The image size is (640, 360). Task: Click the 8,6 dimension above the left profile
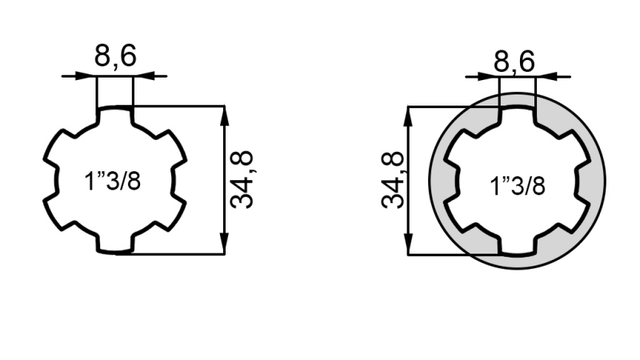[114, 56]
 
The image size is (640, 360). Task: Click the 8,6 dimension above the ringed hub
[513, 59]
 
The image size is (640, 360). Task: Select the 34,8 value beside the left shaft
[242, 179]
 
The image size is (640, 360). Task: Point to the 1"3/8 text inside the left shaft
[113, 181]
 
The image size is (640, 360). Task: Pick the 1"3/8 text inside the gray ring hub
[518, 186]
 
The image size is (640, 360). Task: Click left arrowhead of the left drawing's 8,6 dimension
[88, 76]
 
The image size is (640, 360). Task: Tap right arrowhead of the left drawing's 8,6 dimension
[142, 76]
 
